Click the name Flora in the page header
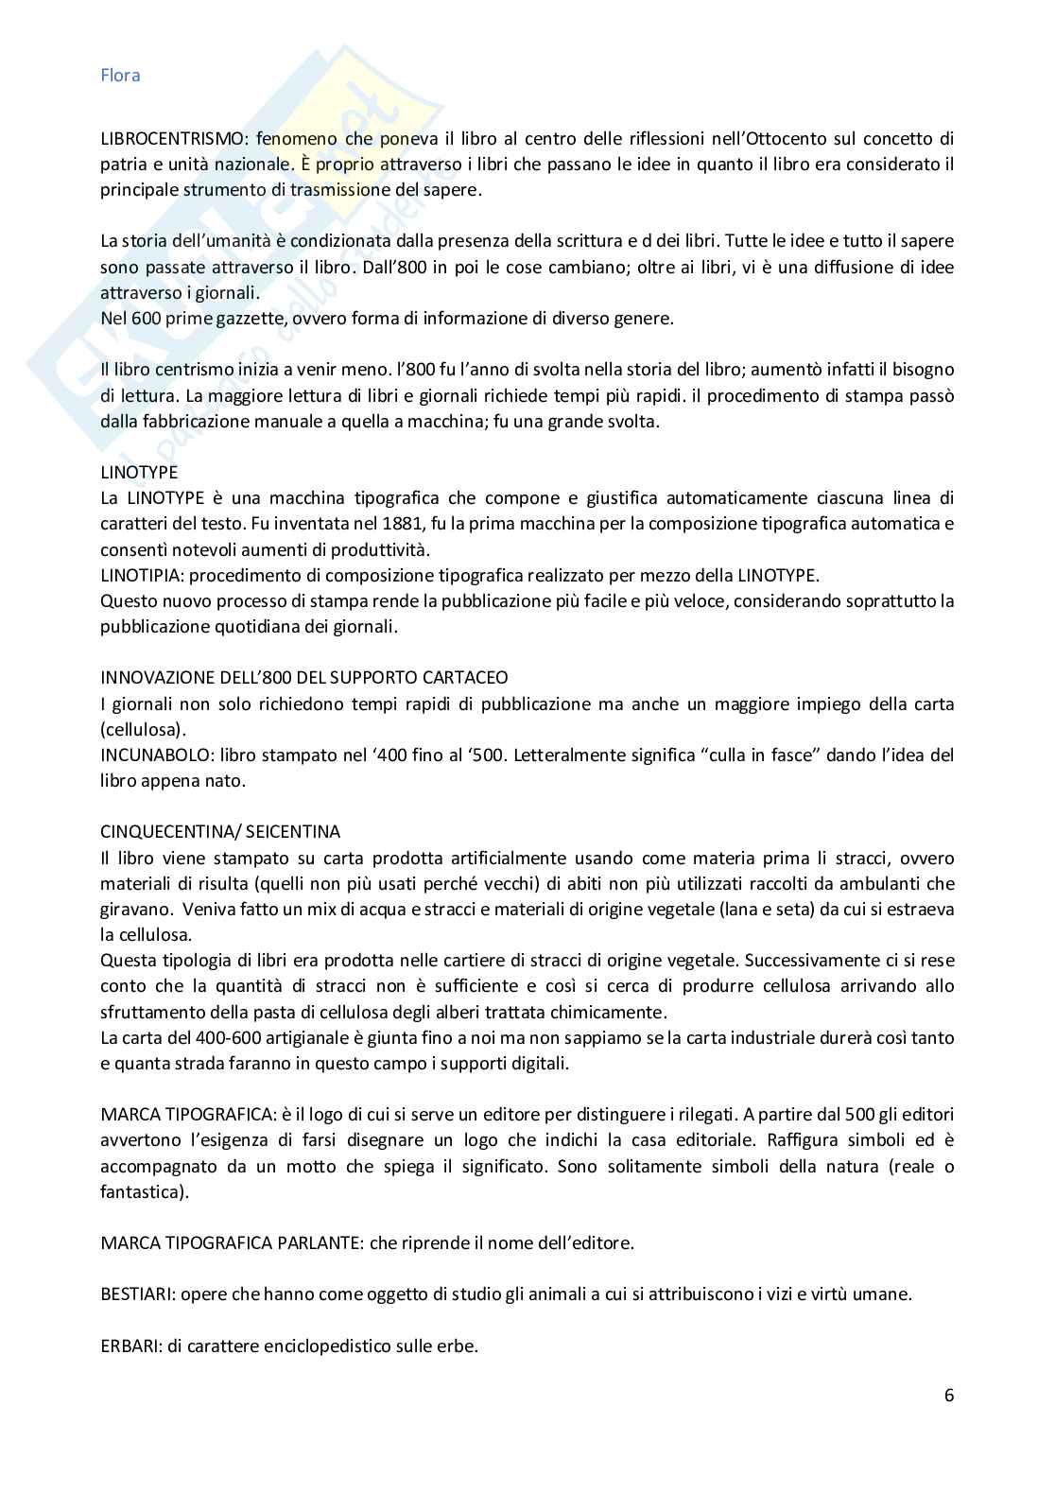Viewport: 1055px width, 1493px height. tap(120, 76)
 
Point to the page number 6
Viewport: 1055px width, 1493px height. tap(948, 1395)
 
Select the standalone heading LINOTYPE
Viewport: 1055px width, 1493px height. tap(139, 472)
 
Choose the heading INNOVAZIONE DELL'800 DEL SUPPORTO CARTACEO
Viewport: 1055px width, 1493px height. tap(303, 677)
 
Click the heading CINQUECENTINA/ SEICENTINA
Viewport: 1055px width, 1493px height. tap(220, 832)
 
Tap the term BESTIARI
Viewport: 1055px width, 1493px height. tap(133, 1294)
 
